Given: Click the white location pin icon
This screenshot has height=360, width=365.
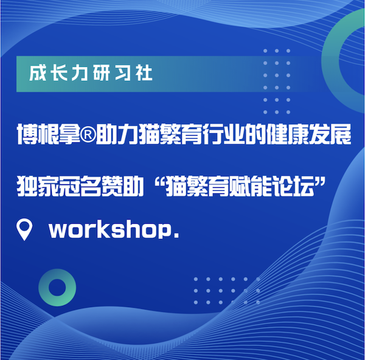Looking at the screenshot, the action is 24,229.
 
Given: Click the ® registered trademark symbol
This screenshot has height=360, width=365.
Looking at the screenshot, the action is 88,135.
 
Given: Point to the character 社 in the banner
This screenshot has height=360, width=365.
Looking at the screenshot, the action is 145,74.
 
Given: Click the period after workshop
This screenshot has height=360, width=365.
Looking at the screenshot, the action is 176,235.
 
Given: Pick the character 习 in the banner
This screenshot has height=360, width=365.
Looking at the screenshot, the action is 123,74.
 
